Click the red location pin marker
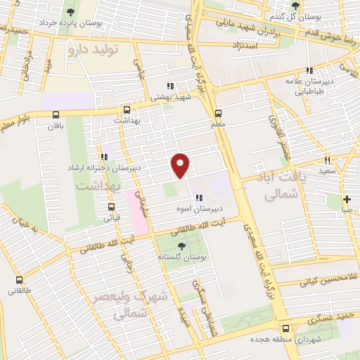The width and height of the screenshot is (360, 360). click(x=181, y=165)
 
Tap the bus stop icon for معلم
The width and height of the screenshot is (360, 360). click(x=218, y=113)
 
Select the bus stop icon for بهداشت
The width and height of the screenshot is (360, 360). click(x=127, y=110)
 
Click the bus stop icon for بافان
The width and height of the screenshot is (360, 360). click(x=56, y=115)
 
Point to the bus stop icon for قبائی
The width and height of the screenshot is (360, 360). click(x=111, y=207)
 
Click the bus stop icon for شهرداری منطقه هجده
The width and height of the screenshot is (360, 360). click(x=285, y=328)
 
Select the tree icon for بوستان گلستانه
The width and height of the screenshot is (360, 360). click(x=182, y=245)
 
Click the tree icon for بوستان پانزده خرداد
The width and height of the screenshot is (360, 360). click(x=70, y=12)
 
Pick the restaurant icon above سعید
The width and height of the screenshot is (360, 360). click(x=326, y=160)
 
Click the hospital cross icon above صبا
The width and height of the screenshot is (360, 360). click(x=346, y=199)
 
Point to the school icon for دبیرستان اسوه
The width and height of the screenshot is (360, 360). click(x=199, y=198)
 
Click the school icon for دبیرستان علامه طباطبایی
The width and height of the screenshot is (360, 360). click(x=309, y=70)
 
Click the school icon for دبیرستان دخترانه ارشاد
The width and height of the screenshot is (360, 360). click(x=104, y=156)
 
